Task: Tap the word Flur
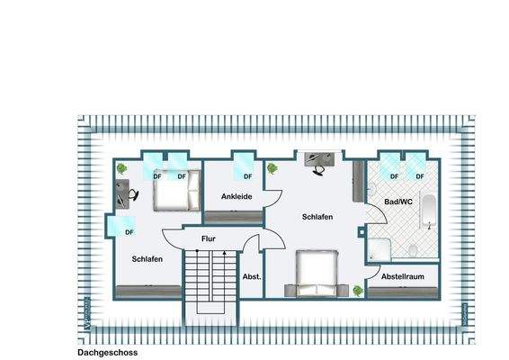click(x=208, y=239)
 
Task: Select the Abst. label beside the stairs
click(x=252, y=277)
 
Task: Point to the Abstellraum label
click(x=402, y=277)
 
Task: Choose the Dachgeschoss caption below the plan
click(x=107, y=354)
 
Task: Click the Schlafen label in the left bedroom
click(x=147, y=259)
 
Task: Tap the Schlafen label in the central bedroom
click(x=317, y=217)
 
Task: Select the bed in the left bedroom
click(x=170, y=188)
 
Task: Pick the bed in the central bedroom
click(x=317, y=273)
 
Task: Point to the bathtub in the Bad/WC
click(x=428, y=212)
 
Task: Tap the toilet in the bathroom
click(x=411, y=250)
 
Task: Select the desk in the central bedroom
click(x=317, y=160)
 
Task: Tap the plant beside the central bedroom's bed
click(x=357, y=290)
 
